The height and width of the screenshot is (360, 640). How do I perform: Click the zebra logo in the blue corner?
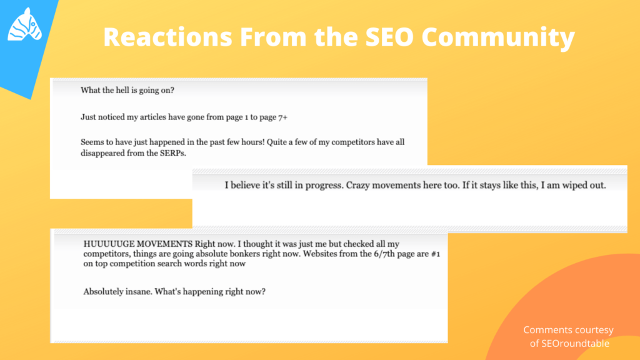click(25, 24)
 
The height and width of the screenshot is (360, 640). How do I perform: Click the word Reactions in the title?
click(167, 37)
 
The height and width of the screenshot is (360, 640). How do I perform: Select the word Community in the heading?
click(498, 37)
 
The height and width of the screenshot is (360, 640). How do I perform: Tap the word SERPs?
click(173, 153)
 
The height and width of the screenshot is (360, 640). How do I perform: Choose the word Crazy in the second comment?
click(358, 185)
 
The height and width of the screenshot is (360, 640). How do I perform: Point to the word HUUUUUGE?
click(109, 244)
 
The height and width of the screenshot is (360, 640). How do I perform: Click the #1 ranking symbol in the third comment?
click(436, 254)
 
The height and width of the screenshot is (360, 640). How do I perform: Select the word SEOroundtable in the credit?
click(576, 343)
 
